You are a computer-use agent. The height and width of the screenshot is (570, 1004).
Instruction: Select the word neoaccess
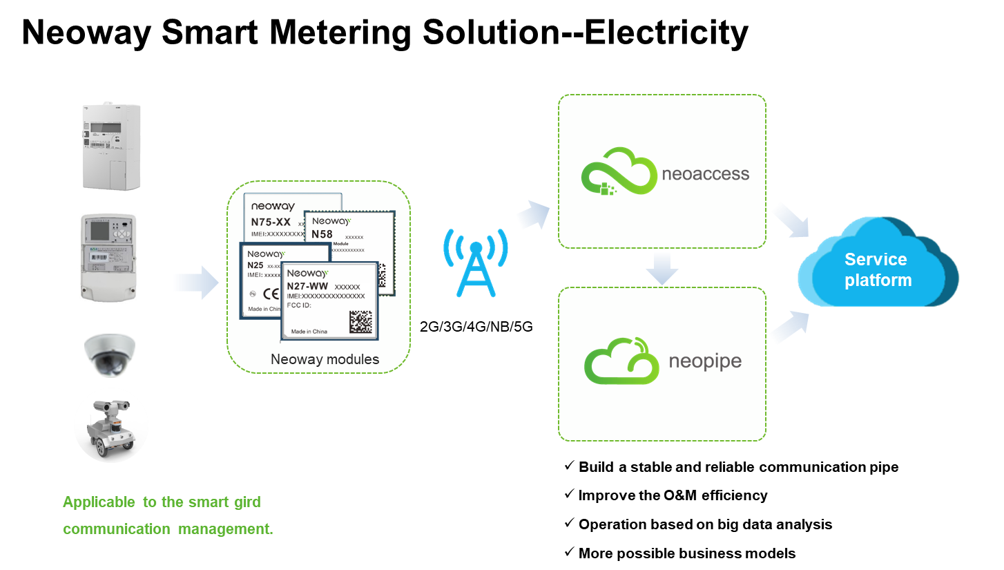coord(705,173)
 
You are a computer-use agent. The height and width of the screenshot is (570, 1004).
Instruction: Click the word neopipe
coord(705,361)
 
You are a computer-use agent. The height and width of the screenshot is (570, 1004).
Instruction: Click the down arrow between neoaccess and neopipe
coord(662,268)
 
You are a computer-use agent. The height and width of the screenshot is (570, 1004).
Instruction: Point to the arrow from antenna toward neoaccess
coord(532,215)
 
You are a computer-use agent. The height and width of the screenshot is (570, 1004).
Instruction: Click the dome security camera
coord(110,354)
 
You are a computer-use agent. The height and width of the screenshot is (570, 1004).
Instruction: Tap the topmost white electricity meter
coord(110,146)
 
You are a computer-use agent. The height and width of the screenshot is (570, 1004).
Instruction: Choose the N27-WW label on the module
coord(307,286)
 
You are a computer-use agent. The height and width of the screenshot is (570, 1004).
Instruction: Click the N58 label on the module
coord(322,234)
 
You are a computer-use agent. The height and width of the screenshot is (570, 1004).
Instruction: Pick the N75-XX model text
coord(271,222)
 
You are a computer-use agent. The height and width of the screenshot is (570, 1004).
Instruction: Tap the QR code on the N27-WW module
coord(360,322)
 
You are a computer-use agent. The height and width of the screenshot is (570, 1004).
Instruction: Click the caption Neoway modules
coord(325,359)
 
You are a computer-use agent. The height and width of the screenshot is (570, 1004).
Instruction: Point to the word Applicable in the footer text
coord(99,502)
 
